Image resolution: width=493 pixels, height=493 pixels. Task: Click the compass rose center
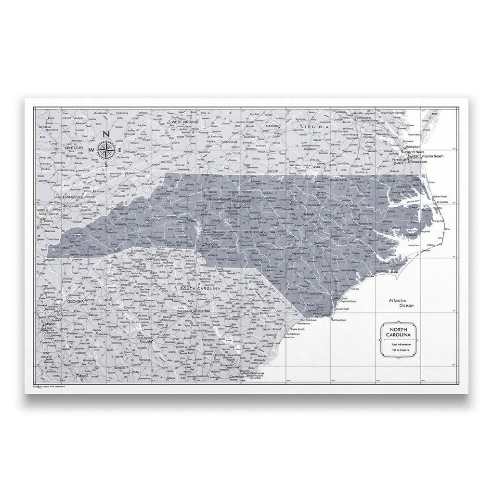coord(107,149)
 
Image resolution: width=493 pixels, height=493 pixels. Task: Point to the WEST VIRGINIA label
coord(185,123)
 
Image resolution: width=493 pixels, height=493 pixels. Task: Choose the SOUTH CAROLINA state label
coord(202,288)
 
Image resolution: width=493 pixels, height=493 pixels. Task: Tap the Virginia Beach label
coord(432,156)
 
